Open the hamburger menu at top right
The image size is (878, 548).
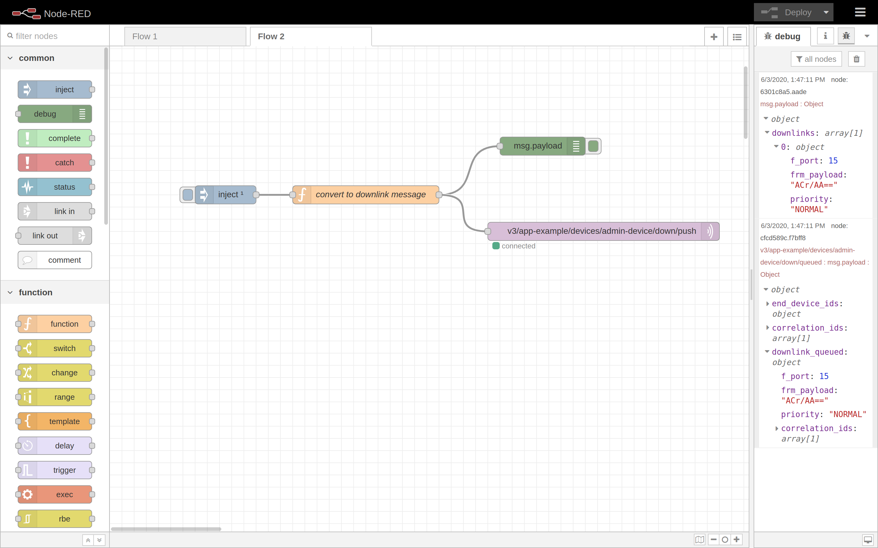[860, 13]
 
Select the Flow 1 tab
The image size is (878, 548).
[185, 37]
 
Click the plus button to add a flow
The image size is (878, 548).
[714, 37]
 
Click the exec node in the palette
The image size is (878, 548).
[55, 495]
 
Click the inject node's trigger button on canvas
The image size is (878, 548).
[187, 195]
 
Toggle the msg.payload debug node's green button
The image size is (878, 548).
[593, 146]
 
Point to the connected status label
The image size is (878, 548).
[518, 246]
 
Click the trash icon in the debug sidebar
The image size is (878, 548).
[856, 59]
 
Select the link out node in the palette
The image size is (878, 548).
[55, 236]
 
